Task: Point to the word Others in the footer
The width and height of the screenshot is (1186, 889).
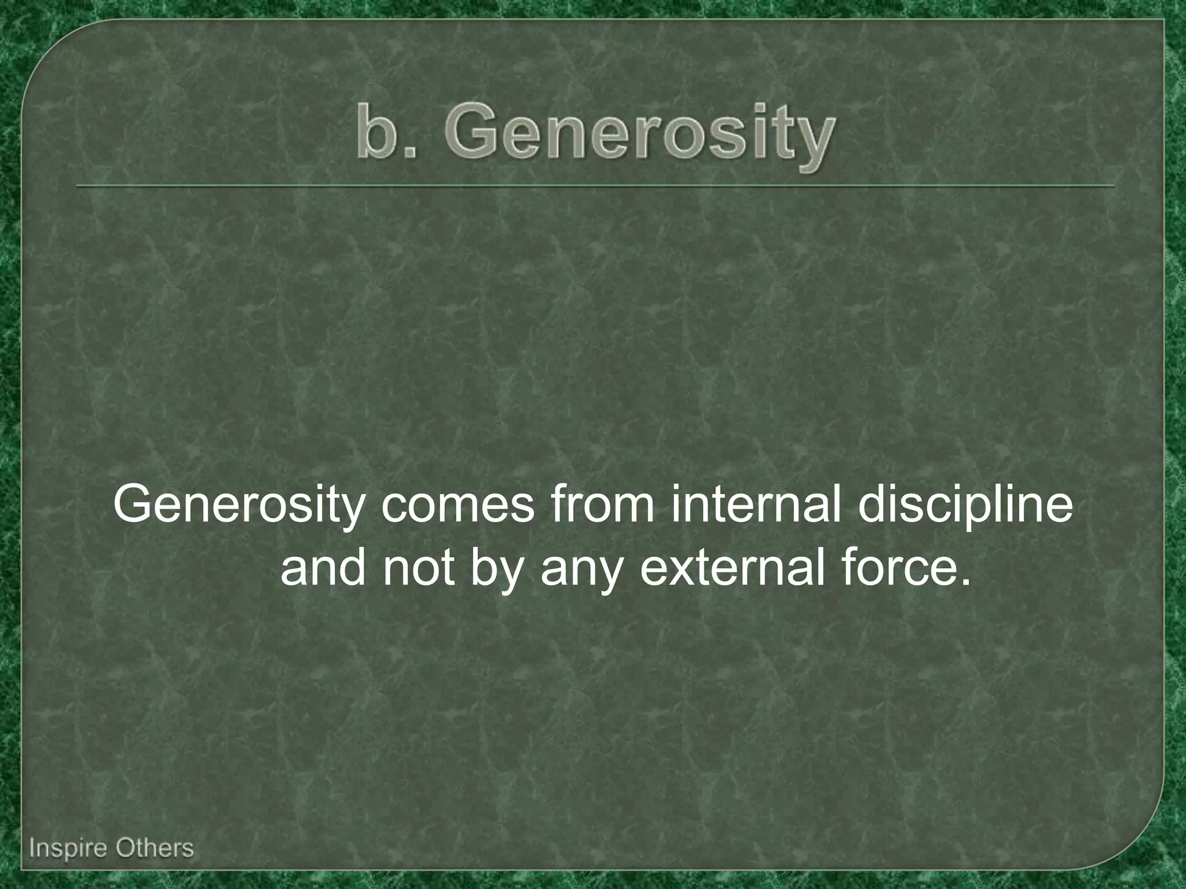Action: (x=154, y=848)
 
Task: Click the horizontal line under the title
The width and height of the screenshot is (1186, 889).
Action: (x=594, y=186)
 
